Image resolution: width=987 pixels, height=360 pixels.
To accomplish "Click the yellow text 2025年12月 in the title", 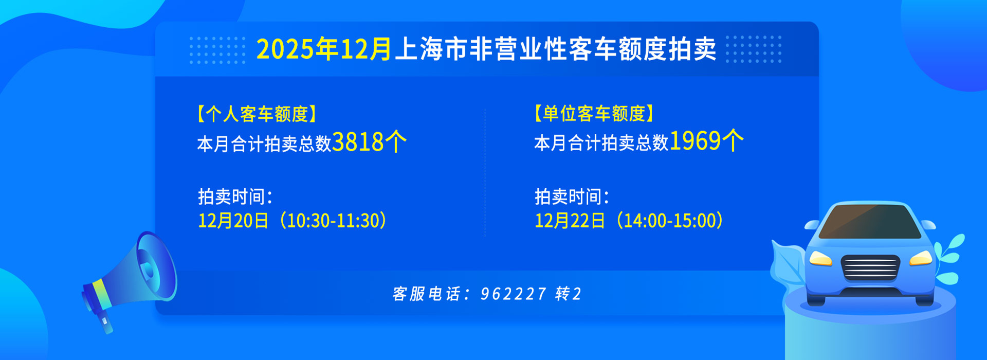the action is point(324,49).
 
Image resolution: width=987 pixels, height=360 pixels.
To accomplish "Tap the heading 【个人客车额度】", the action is point(257,114).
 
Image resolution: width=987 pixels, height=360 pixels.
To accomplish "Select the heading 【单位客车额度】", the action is point(594,113).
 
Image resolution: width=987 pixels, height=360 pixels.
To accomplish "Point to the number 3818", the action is point(358,142).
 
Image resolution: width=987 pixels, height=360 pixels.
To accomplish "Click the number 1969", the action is point(695,140).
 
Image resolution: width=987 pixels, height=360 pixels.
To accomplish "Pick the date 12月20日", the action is point(233,221).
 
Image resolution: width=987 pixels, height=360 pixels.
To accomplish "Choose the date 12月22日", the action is point(570,221).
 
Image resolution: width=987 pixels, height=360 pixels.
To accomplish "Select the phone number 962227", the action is point(513,294).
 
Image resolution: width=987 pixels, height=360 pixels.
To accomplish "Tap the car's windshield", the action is point(870,222).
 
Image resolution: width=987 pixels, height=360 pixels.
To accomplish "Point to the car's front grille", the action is point(870,268).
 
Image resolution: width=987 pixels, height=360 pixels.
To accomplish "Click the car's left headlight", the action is point(820,258).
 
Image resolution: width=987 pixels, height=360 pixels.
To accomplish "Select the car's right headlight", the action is point(921,258).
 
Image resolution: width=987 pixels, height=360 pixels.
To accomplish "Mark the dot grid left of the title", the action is point(217,50).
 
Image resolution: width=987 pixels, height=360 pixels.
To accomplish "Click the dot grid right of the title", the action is point(754,49).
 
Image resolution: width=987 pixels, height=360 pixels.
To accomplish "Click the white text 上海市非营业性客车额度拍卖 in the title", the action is point(556,49).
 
